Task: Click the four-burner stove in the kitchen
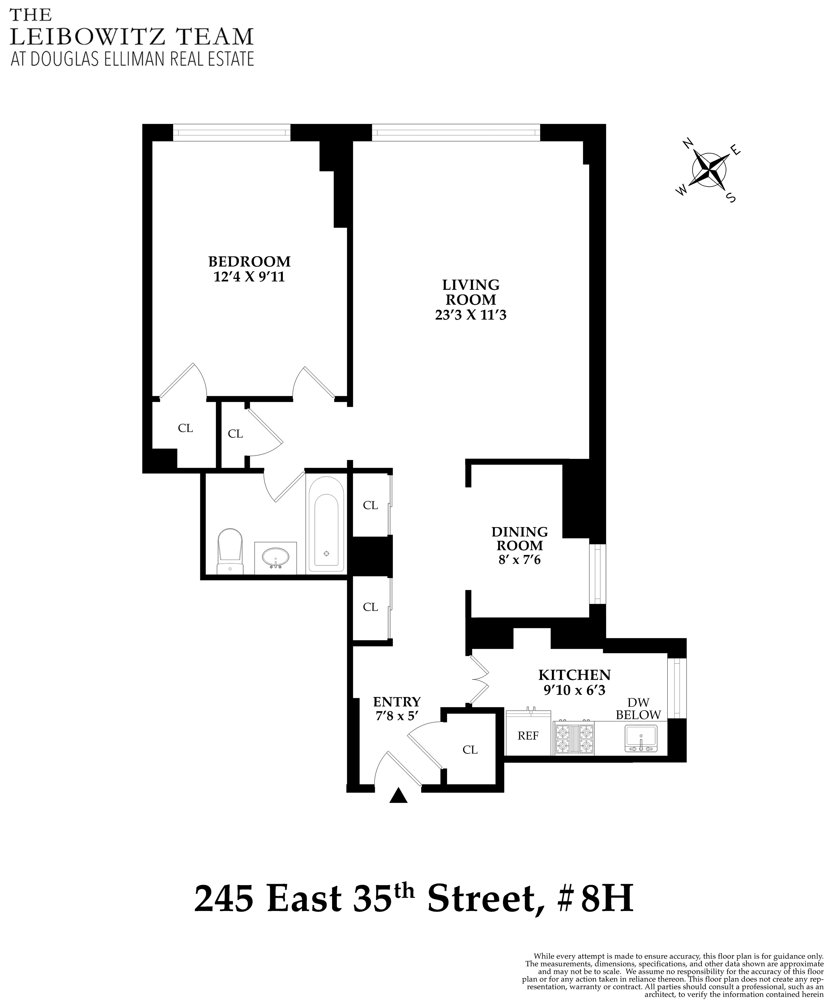[574, 738]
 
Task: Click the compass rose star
[709, 170]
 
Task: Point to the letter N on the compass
[688, 143]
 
